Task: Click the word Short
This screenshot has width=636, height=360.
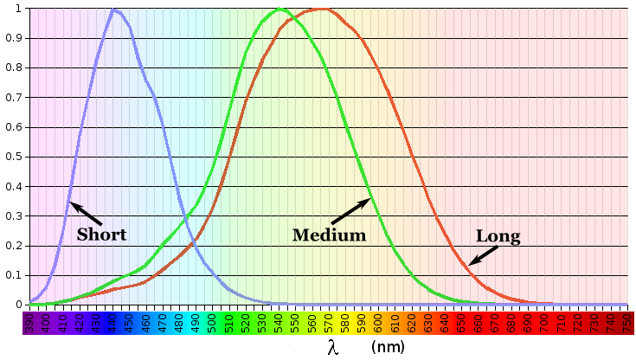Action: (x=101, y=235)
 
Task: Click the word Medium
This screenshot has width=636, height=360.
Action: (x=329, y=235)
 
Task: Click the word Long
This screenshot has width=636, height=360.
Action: (x=498, y=235)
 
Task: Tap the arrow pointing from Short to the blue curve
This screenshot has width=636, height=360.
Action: (x=86, y=214)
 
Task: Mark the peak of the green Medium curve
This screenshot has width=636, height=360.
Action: (x=280, y=10)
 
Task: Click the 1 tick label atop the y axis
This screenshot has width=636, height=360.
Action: (x=19, y=9)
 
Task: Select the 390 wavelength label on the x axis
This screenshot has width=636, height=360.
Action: (x=29, y=323)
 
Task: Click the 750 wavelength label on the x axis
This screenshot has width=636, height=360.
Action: (x=626, y=323)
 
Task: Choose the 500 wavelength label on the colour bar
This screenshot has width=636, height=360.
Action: (x=212, y=323)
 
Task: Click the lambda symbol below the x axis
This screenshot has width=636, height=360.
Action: (x=333, y=347)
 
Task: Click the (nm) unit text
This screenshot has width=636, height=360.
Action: (x=387, y=347)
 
